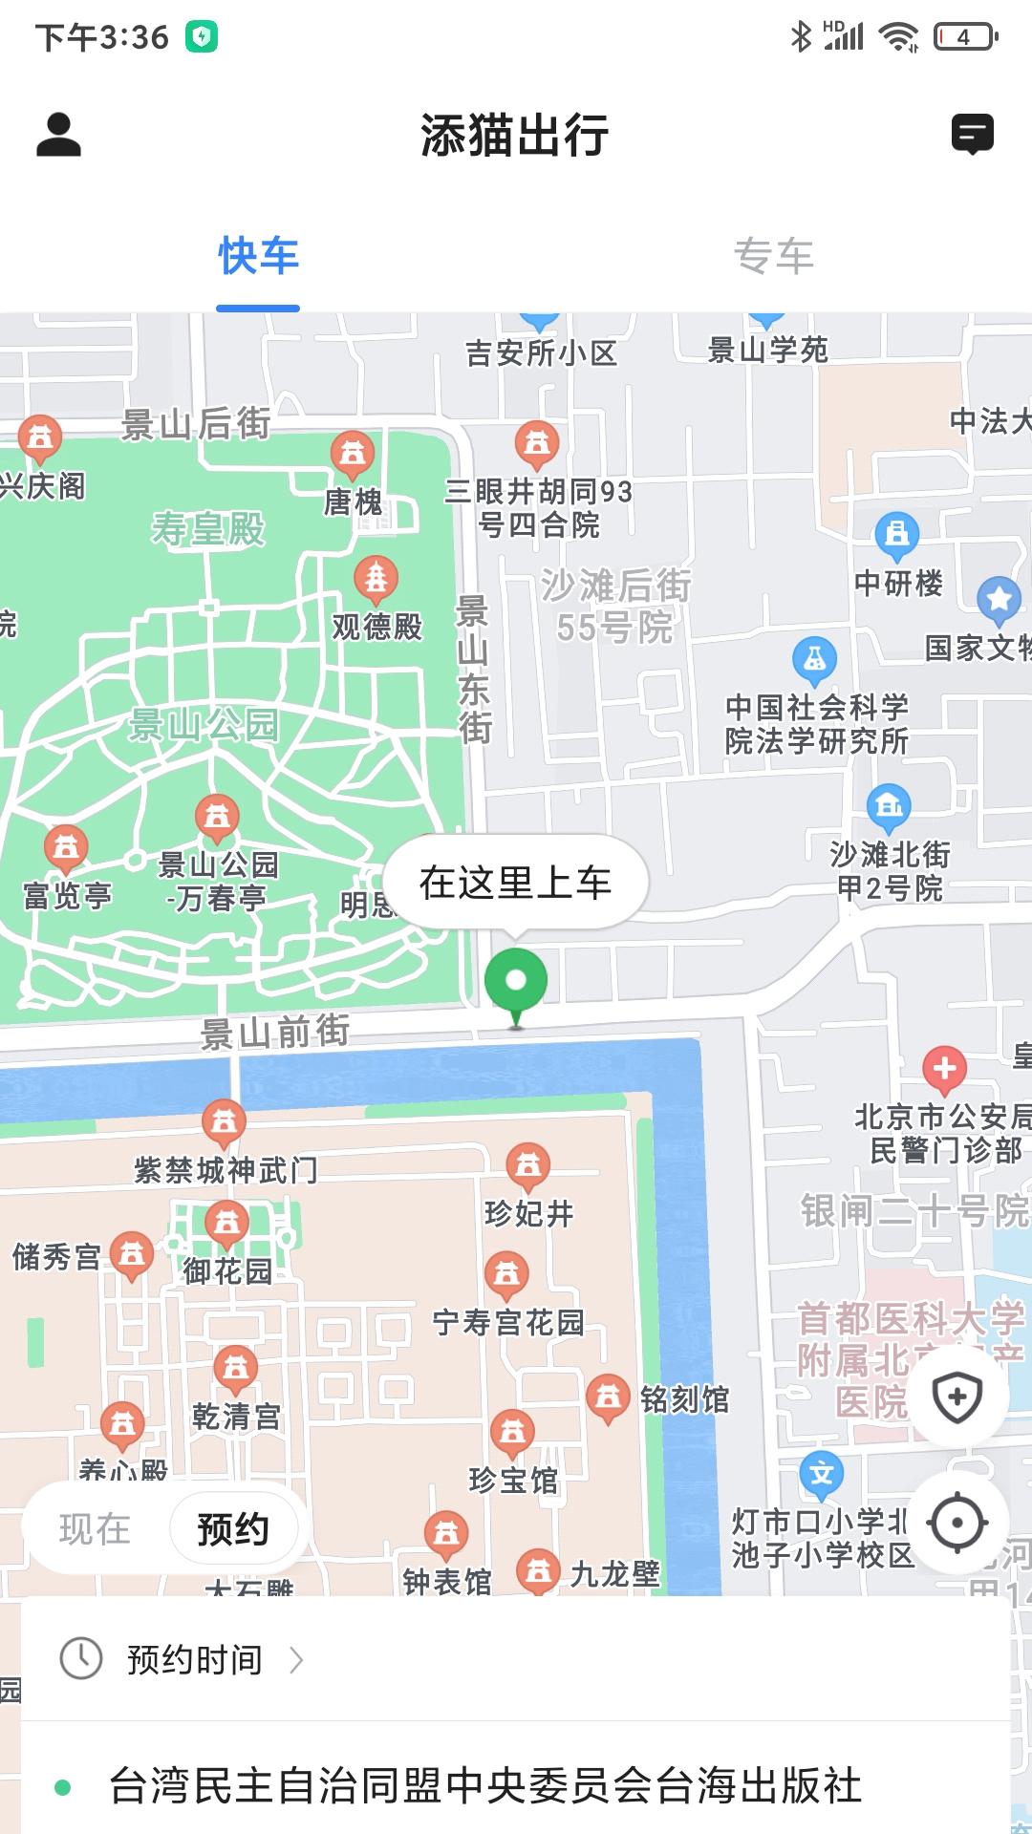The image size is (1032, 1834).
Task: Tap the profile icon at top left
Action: coord(58,135)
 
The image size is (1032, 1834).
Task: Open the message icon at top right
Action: coord(972,134)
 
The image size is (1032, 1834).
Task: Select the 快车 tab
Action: coord(258,257)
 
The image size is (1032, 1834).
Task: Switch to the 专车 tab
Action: coord(773,257)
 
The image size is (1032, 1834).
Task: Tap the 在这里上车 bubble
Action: coord(515,883)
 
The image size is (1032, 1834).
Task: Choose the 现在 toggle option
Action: coord(95,1529)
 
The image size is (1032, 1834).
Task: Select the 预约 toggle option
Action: coord(233,1529)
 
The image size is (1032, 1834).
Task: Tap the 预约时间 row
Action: coord(194,1660)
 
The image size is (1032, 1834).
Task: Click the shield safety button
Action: coord(957,1397)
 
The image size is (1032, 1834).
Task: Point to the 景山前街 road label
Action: coord(275,1032)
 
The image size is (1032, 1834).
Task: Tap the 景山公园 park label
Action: coord(204,725)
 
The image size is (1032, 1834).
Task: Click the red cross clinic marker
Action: coord(944,1068)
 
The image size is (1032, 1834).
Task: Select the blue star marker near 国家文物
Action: coord(999,599)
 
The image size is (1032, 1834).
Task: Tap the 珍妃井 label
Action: coord(528,1213)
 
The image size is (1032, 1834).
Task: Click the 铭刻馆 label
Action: coord(684,1399)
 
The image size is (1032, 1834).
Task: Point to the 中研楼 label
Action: coord(898,583)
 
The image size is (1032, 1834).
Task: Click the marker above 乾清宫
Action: coord(235,1368)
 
